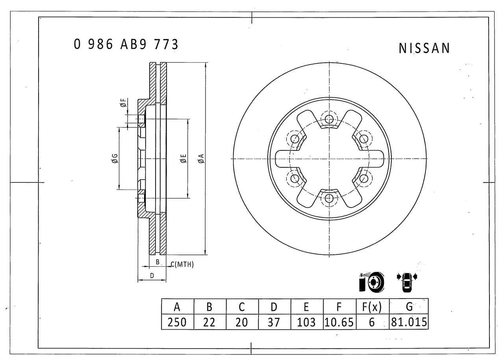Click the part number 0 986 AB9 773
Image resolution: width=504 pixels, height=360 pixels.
pos(126,45)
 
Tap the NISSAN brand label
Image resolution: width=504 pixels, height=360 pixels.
pos(424,48)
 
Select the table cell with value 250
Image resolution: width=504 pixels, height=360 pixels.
pos(177,322)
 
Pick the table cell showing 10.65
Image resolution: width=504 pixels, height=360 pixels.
pos(339,322)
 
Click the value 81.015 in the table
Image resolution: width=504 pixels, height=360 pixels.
pos(409,322)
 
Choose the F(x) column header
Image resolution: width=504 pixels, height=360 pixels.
pos(372,306)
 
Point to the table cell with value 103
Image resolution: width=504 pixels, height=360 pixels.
pos(306,322)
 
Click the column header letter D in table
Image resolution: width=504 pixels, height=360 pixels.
pos(274,306)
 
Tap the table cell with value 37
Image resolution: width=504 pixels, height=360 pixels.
pos(274,322)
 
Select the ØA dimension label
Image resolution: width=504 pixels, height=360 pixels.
pos(201,158)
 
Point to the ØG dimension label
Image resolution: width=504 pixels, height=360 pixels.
pos(114,159)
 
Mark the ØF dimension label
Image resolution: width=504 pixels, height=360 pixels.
pos(123,104)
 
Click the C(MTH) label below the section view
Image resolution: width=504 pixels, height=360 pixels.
pos(182,265)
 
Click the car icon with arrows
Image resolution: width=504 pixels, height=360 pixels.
pos(407,282)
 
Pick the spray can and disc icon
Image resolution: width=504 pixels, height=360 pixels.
pos(371,281)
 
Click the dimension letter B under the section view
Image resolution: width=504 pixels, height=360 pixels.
pos(157,262)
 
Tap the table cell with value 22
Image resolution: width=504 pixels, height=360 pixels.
pos(209,322)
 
